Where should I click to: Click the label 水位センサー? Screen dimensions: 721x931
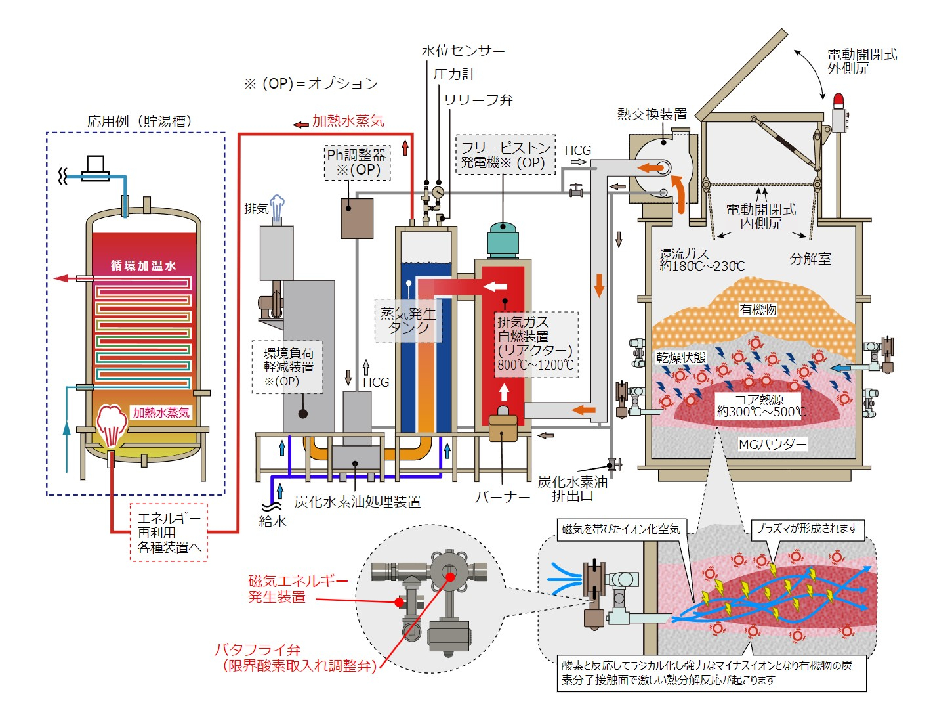[x=463, y=51]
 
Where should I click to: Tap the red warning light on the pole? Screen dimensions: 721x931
[x=838, y=100]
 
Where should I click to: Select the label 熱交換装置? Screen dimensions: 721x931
[x=652, y=114]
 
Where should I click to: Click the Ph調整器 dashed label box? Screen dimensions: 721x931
[x=357, y=162]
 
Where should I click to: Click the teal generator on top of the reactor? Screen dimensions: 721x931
[x=503, y=240]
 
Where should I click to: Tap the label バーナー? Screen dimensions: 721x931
[x=502, y=497]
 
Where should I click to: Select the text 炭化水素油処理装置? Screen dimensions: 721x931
[x=358, y=502]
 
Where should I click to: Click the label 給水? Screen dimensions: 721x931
[x=272, y=522]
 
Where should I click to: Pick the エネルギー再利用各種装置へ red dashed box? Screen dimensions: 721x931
[x=169, y=533]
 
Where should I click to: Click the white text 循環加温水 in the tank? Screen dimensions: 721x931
[x=143, y=265]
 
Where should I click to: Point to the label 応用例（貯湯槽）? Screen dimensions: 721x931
[x=139, y=121]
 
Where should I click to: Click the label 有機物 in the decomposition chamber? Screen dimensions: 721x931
[x=758, y=309]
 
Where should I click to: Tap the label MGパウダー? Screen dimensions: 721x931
[x=772, y=445]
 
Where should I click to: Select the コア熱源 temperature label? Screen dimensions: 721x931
[x=760, y=405]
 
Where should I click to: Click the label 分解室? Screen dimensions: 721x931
[x=810, y=259]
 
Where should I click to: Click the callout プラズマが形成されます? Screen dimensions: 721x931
[x=806, y=528]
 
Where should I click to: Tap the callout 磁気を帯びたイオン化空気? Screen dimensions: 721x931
[x=620, y=529]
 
